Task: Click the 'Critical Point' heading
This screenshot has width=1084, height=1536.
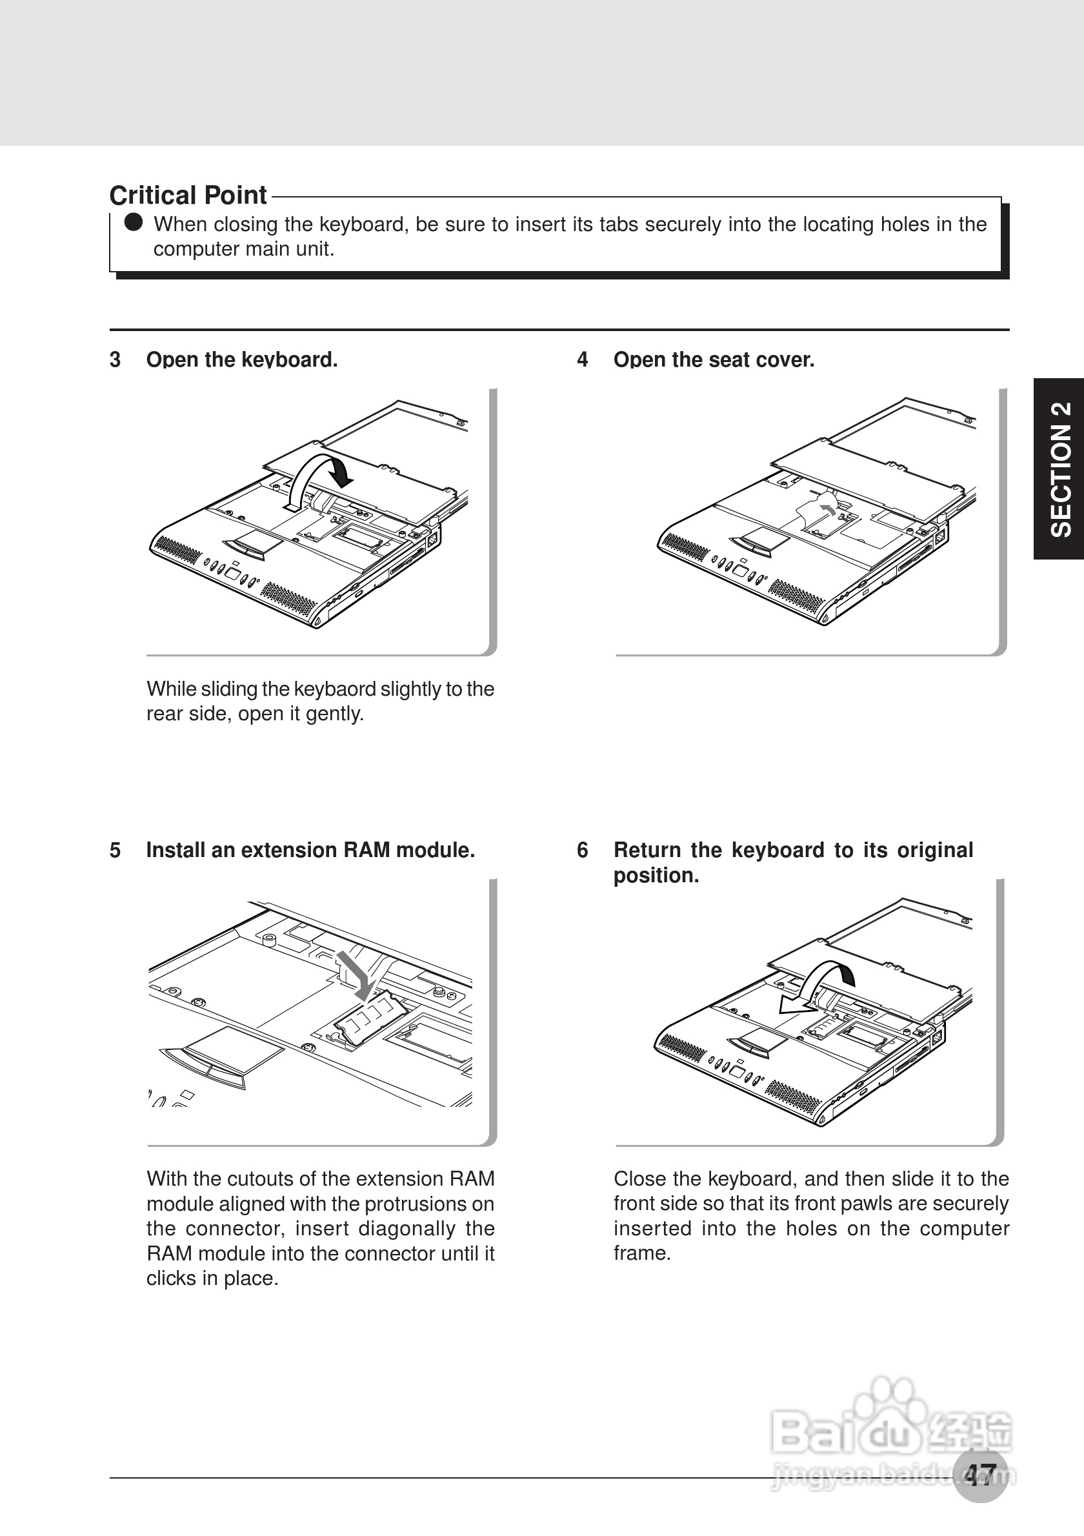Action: tap(188, 196)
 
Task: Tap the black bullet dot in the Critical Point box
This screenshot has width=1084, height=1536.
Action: tap(134, 222)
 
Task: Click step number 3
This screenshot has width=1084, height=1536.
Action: tap(115, 360)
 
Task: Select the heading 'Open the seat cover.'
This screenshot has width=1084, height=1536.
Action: tap(714, 360)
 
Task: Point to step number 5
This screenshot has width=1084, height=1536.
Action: tap(115, 851)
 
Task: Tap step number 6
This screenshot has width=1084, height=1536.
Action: tap(583, 851)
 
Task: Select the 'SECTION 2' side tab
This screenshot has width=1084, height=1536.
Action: tap(1061, 469)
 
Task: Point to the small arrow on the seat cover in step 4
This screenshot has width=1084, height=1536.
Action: tap(828, 509)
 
